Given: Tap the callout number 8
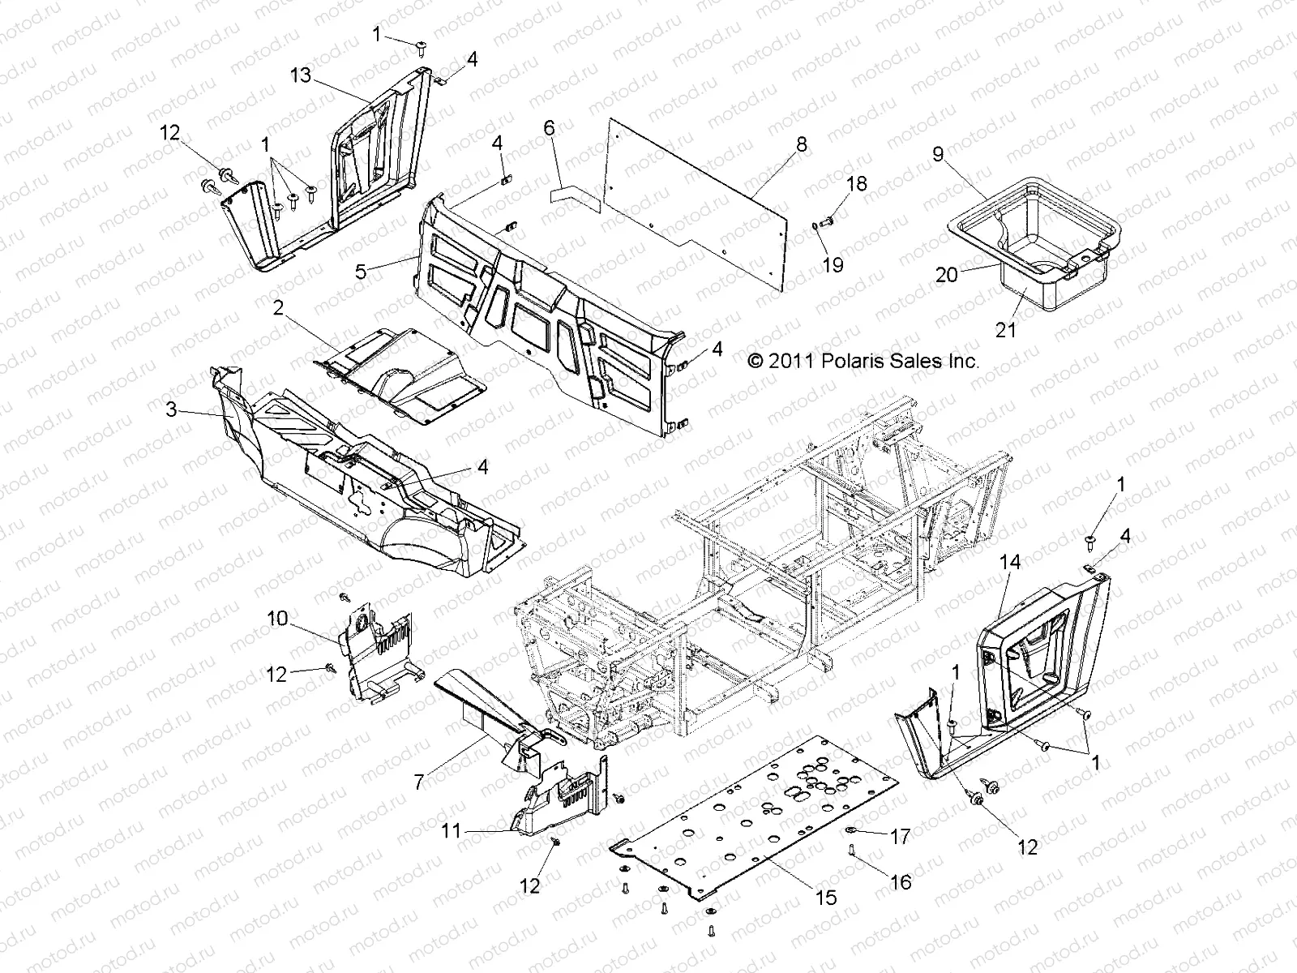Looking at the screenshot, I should point(824,144).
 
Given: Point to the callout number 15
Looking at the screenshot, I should point(827,898).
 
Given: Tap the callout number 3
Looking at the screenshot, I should point(171,410).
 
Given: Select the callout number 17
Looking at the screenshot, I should point(901,836).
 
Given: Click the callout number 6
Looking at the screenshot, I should point(549,127).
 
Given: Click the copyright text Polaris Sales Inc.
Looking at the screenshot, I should point(863,361).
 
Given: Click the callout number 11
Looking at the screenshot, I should point(452,829).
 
